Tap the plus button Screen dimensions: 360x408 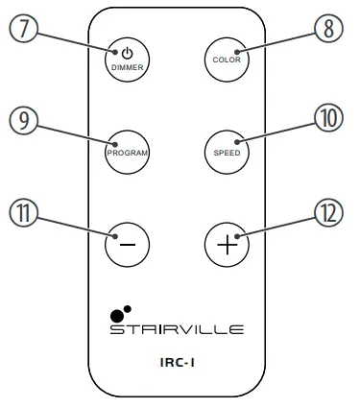(228, 243)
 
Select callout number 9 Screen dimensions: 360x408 (24, 118)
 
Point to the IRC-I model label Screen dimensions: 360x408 (177, 365)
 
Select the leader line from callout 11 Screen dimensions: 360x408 (77, 227)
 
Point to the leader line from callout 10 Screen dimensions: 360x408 (278, 134)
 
